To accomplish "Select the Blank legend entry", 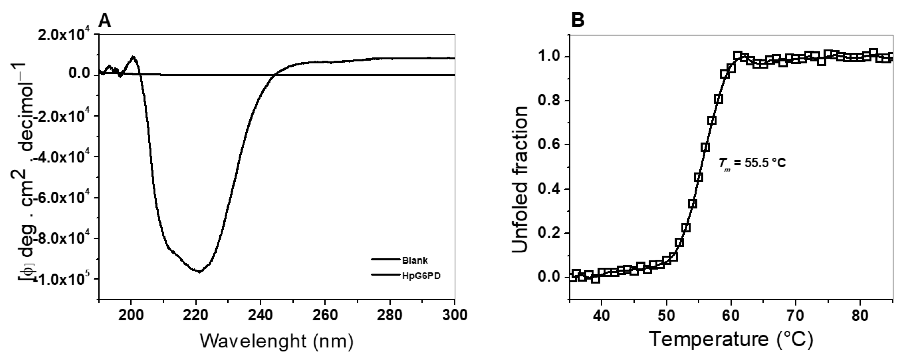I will coord(415,261).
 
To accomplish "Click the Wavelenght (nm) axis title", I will coord(277,341).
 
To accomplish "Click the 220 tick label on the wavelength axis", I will coord(196,315).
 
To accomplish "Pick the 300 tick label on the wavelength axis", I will coord(454,315).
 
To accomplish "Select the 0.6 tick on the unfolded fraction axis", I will coord(549,145).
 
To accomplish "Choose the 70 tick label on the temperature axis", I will coord(796,315).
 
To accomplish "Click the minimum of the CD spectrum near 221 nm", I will coord(199,271).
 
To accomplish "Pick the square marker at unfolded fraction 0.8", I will coord(718,99).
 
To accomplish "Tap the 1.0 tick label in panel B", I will coord(549,57).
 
